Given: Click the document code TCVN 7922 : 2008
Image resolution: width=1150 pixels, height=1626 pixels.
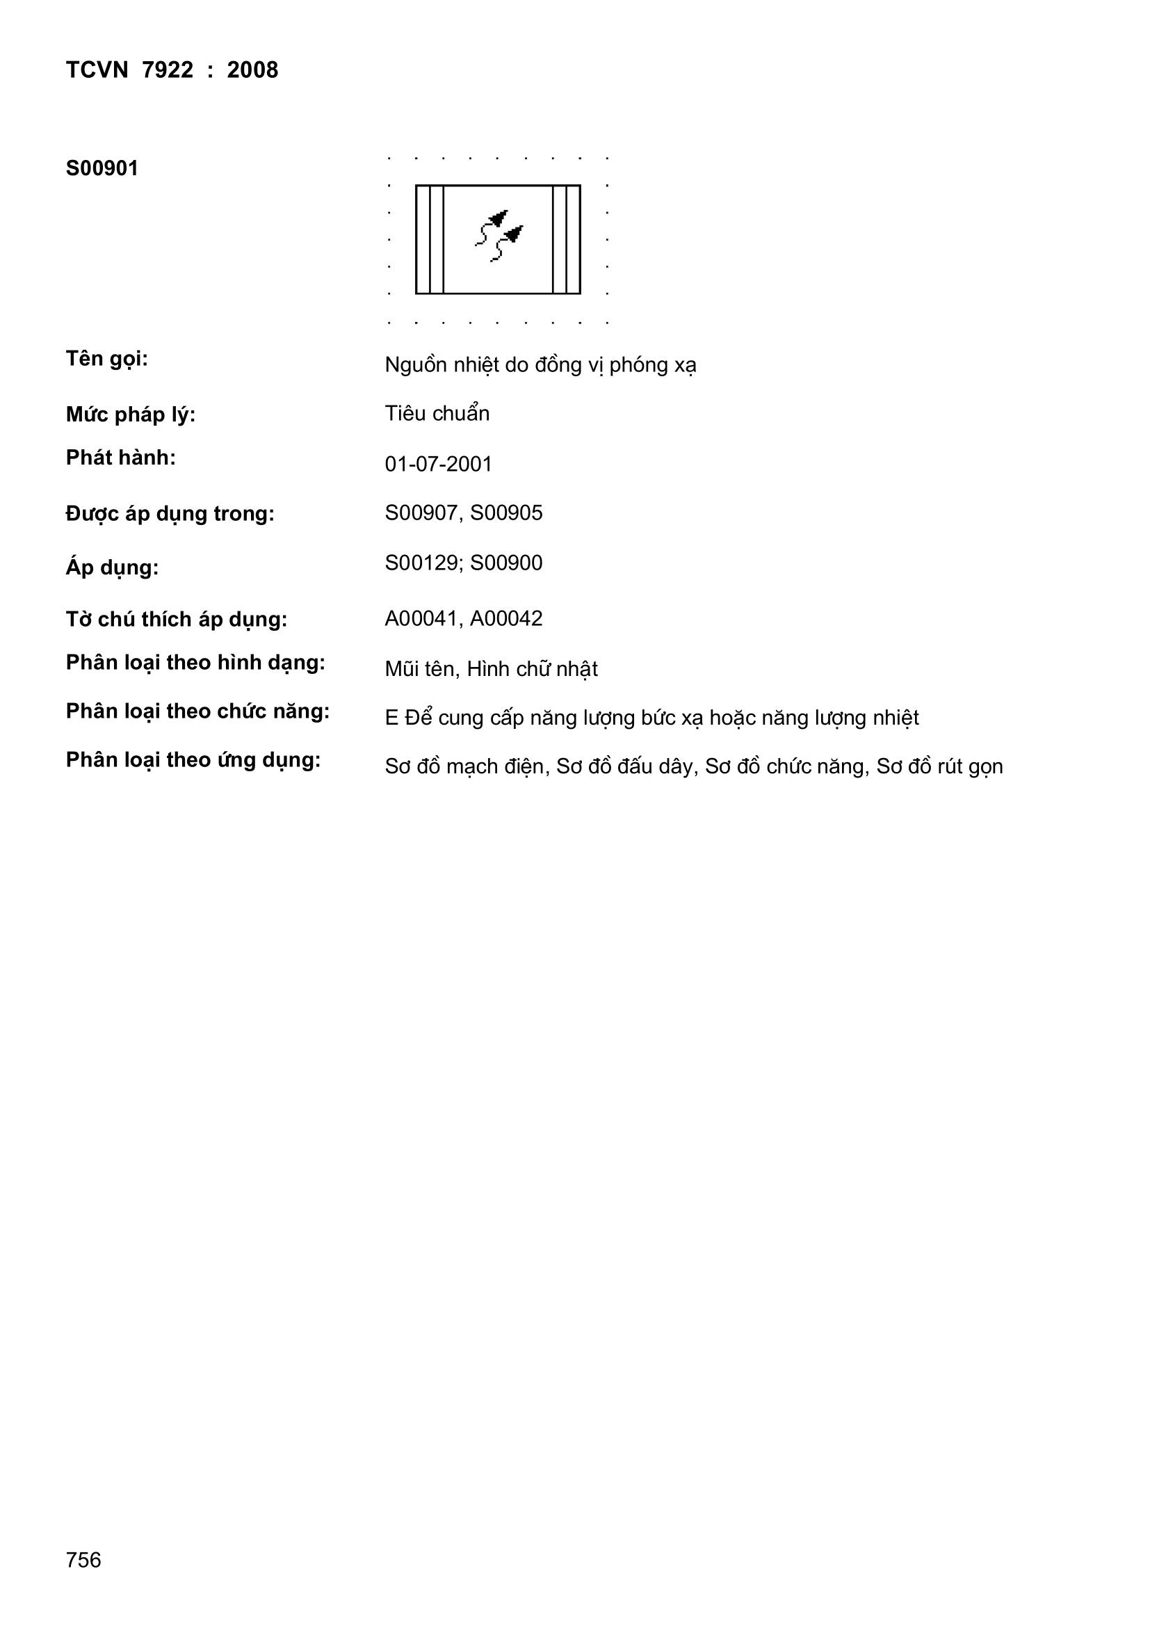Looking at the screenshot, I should point(171,70).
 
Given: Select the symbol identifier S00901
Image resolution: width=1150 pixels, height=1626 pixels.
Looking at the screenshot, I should point(102,168).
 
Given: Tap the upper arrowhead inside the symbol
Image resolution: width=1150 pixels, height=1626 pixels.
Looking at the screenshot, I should point(501,218).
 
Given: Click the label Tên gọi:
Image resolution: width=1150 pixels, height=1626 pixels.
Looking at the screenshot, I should point(107,359).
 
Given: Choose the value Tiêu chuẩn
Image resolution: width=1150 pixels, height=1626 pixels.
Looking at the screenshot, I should point(437,414).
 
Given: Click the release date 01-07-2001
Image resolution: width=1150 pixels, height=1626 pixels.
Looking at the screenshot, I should point(438,464).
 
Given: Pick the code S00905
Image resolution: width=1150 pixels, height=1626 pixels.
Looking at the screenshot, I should point(506,513).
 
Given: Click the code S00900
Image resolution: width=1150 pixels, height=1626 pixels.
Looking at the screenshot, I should point(506,563).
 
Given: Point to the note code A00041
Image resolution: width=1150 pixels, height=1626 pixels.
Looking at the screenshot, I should point(422,618).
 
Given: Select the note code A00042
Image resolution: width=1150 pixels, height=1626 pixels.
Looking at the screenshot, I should point(506,618).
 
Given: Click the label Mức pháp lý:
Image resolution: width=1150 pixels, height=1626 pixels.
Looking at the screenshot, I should point(130,415).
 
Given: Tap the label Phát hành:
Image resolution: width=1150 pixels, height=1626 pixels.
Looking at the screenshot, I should point(120,458).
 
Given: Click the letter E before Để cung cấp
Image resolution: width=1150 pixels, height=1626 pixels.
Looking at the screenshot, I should point(391,718).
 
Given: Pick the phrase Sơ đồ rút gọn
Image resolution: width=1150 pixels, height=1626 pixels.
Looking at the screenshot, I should point(940,767).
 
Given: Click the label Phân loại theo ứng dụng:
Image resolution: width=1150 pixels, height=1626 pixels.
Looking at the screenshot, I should point(193,760).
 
